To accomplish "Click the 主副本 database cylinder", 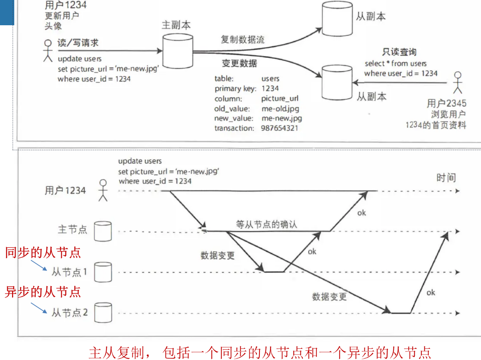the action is click(x=178, y=51).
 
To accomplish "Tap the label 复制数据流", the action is click(x=243, y=40).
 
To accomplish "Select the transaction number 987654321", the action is click(x=279, y=128).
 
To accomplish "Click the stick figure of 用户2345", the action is click(x=458, y=82).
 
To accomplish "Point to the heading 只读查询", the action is click(x=399, y=52).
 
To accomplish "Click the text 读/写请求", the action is click(x=78, y=43).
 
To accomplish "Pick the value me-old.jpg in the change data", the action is click(x=280, y=109).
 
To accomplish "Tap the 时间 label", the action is click(x=446, y=177).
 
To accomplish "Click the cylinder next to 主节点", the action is click(x=103, y=231).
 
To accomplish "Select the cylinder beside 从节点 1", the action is click(x=103, y=272).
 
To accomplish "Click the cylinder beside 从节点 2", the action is click(x=103, y=313).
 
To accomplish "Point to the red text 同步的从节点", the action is click(x=43, y=252).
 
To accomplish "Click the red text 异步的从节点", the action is click(x=43, y=292).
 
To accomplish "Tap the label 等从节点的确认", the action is click(x=266, y=224).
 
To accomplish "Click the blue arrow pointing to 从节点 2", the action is click(x=39, y=308).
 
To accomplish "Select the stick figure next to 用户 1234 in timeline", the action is click(x=103, y=190).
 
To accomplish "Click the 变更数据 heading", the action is click(x=239, y=63).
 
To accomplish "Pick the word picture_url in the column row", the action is click(x=280, y=98).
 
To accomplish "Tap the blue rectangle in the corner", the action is click(x=7, y=12).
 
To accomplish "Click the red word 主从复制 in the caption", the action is click(x=117, y=352).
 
